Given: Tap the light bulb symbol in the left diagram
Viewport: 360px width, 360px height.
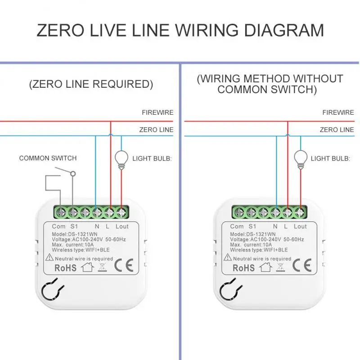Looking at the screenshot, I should [121, 158].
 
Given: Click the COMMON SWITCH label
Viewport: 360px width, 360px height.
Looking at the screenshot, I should [48, 158].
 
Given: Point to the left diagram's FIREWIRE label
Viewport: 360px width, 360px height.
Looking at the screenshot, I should [157, 112].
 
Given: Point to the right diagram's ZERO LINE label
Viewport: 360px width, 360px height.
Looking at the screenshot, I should [337, 130].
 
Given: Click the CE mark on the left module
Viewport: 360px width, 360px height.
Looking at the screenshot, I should [123, 265].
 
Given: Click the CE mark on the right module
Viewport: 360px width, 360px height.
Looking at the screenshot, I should [302, 265].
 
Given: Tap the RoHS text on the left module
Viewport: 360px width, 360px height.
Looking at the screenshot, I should [65, 268].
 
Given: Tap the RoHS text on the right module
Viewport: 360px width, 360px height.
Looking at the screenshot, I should [243, 268].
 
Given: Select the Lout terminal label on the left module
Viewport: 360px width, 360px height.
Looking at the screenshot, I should [122, 226].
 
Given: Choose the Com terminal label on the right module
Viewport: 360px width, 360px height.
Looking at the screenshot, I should [237, 226].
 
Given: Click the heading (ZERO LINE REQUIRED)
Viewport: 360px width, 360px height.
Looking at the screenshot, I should [91, 84].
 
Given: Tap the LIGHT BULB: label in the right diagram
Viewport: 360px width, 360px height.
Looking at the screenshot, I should [330, 158].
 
